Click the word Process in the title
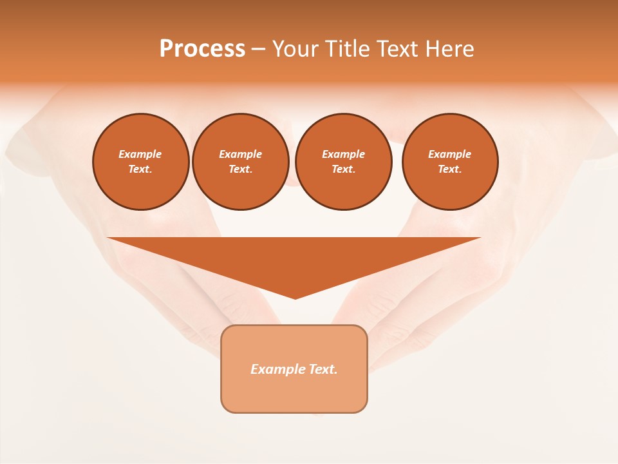(202, 49)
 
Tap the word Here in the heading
(448, 49)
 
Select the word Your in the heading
(296, 49)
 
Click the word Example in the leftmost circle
(140, 154)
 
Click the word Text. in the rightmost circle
(450, 169)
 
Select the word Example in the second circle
(240, 154)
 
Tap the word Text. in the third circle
(343, 169)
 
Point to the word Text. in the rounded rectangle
(323, 369)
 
